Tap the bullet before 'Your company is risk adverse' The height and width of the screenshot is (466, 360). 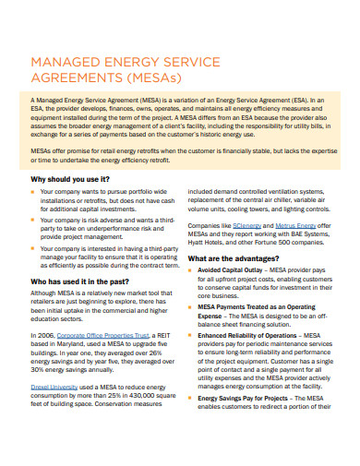coord(34,222)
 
